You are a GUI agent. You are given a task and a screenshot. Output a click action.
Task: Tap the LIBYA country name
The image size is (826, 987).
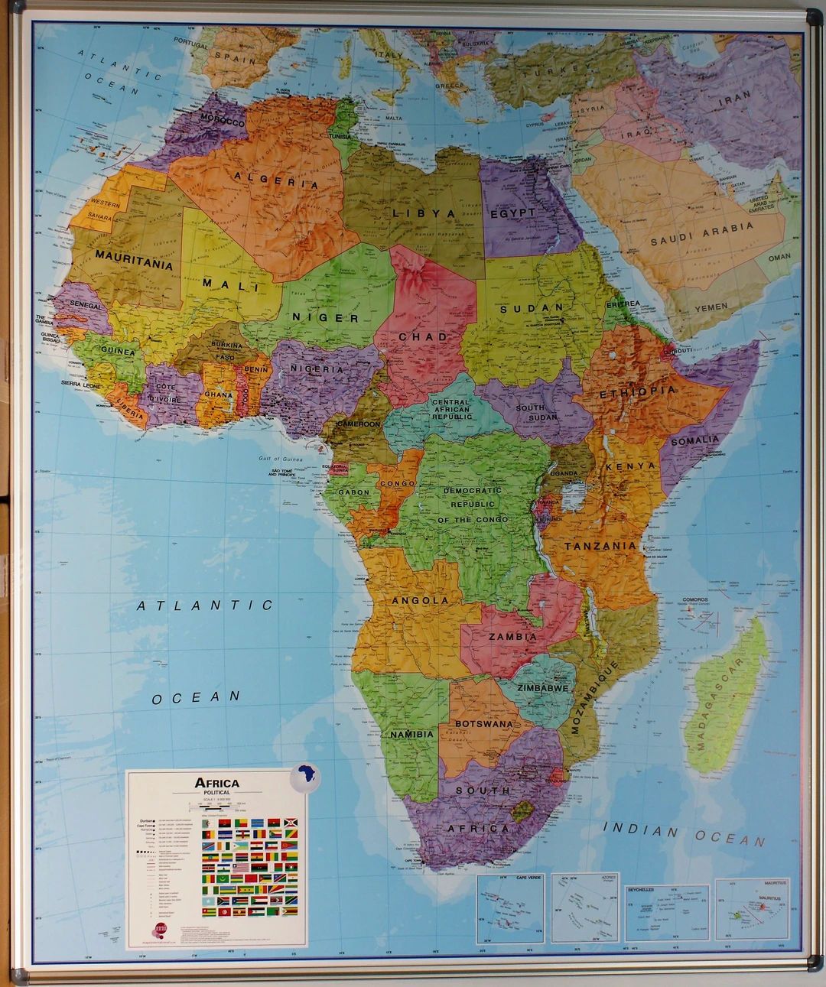pos(424,213)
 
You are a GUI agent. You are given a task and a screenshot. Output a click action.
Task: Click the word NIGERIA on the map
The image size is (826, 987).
pos(317,369)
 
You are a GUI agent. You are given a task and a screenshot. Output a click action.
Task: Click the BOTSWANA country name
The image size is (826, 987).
pos(483,722)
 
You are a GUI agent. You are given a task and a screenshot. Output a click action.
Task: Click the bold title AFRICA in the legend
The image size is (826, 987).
pos(217,782)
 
